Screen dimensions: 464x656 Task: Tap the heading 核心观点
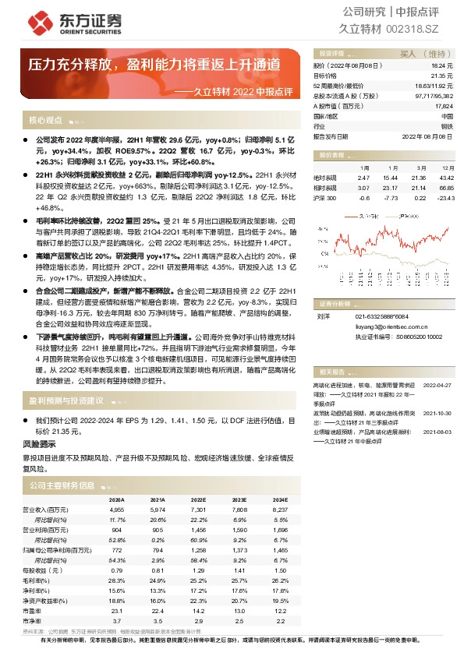click(x=45, y=121)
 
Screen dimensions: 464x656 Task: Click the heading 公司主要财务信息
click(x=62, y=485)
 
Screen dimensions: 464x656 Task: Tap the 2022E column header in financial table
click(x=198, y=500)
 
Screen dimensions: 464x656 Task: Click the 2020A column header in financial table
click(x=117, y=500)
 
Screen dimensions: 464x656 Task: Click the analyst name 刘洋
click(x=323, y=317)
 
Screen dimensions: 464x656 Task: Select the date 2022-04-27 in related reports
click(x=437, y=385)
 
